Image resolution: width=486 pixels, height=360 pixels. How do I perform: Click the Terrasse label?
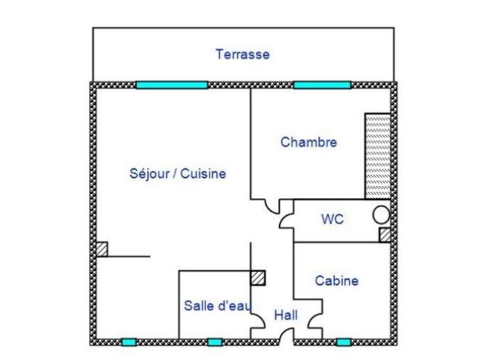point(243,54)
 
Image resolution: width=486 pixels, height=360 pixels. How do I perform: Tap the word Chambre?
point(309,142)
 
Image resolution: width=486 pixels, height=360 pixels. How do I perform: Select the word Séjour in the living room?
point(150,173)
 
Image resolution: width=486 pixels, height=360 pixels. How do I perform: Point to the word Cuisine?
point(203,173)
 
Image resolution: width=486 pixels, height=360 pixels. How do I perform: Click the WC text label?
point(332,219)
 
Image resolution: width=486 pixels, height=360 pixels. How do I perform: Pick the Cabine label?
point(336,281)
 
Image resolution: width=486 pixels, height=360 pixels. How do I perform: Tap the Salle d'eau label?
point(217,306)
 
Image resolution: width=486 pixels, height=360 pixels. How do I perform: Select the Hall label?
point(286,315)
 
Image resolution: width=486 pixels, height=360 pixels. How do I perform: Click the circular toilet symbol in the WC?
point(381,215)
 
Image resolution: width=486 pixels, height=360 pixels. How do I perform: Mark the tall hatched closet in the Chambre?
point(378,156)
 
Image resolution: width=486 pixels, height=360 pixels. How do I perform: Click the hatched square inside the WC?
point(385,234)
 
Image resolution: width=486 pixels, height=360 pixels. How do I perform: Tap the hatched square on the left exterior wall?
point(101,249)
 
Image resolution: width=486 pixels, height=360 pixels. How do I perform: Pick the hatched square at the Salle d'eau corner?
point(258,278)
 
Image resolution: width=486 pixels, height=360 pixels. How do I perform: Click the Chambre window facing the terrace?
point(323,85)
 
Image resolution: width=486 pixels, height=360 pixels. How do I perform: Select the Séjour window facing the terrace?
point(172,85)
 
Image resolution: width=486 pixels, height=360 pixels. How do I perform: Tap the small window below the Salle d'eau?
point(215,342)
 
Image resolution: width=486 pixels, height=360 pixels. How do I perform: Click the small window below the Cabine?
point(344,342)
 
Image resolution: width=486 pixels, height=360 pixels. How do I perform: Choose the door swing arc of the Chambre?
point(270,210)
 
